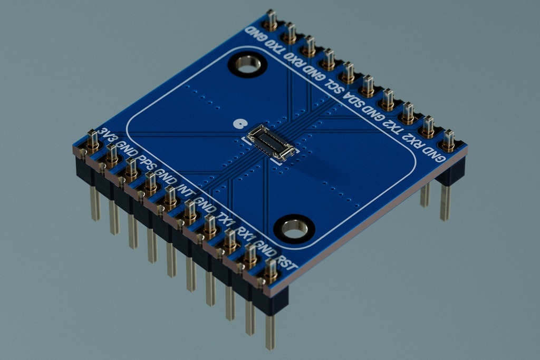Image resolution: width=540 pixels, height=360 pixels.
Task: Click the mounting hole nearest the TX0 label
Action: (x=245, y=66)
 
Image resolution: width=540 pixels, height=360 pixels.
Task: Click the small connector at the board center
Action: (x=271, y=142)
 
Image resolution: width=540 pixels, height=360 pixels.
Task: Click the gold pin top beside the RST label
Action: (x=271, y=269)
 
